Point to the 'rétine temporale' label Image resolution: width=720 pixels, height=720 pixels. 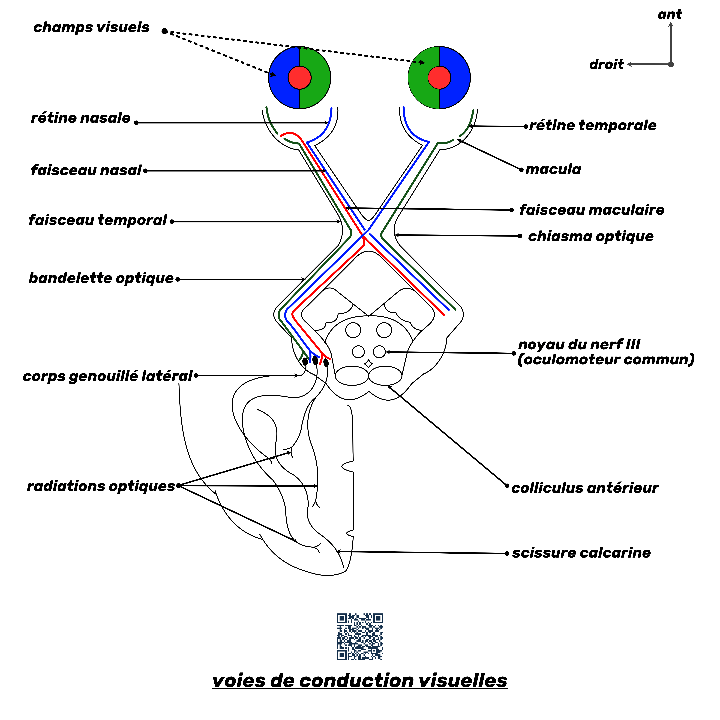(x=593, y=126)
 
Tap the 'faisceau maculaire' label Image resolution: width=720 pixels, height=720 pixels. (x=592, y=210)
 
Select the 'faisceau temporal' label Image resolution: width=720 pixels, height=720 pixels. (x=98, y=220)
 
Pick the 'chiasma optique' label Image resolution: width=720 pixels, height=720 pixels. (x=591, y=236)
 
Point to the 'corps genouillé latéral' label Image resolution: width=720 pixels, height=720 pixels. (x=107, y=376)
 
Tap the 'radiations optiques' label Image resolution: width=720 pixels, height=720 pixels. (x=101, y=486)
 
